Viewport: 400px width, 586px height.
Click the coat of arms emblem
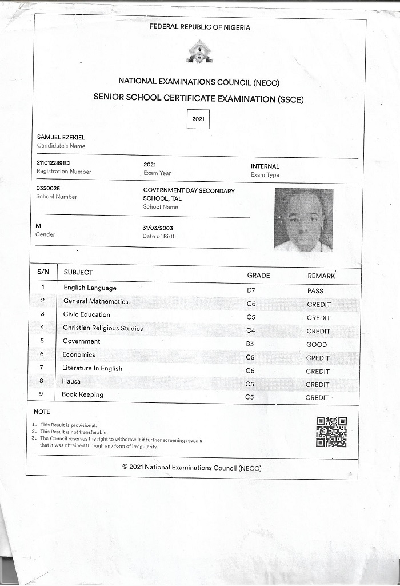pos(199,52)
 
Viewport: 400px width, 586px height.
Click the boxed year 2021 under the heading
pos(198,119)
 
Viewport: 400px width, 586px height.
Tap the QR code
pos(331,432)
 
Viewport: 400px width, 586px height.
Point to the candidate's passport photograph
pos(303,220)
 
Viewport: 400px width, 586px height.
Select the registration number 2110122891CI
pos(54,163)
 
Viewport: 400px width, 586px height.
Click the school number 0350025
pos(48,188)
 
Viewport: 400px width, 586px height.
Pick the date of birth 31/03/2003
pos(158,228)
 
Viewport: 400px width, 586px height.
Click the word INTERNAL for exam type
pos(265,166)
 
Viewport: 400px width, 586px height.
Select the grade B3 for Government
pos(250,344)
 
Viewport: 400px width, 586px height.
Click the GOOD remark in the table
pos(317,345)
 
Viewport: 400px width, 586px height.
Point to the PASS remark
pos(315,291)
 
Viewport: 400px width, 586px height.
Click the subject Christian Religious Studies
pos(103,328)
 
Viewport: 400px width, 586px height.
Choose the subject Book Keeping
pos(83,394)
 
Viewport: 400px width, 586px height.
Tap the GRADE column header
pos(258,276)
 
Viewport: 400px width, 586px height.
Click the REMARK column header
pos(321,276)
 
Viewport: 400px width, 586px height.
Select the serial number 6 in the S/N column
pos(42,354)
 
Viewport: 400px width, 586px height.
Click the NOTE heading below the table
pos(42,412)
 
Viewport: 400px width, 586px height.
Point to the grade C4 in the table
pos(251,331)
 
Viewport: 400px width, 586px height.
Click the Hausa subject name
pos(71,381)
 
